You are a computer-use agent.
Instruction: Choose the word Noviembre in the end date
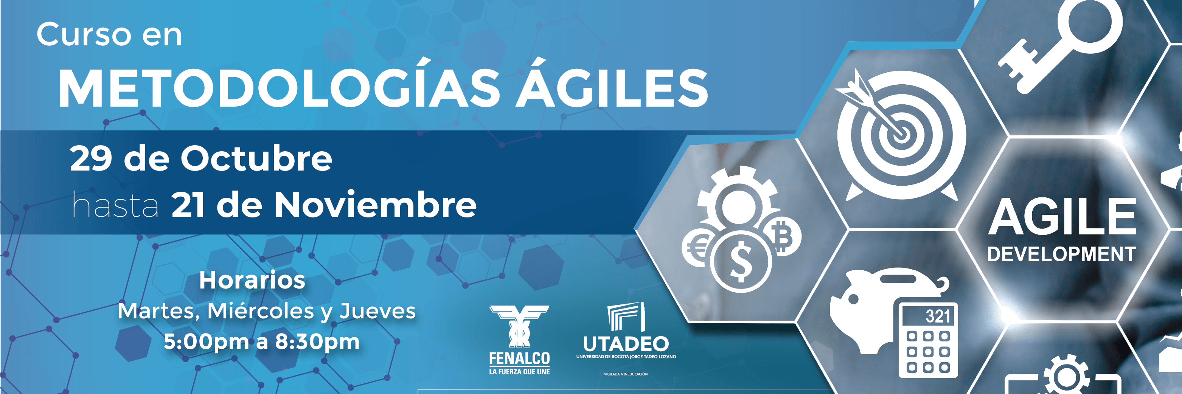click(375, 205)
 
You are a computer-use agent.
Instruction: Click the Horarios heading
click(252, 280)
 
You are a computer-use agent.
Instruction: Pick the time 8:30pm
click(317, 342)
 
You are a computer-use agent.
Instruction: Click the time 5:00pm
click(206, 342)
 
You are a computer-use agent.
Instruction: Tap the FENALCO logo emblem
click(519, 326)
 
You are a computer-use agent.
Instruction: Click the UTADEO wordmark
click(626, 344)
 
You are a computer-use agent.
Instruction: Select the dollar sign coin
click(740, 261)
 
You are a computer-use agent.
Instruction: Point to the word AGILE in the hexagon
click(1061, 217)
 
